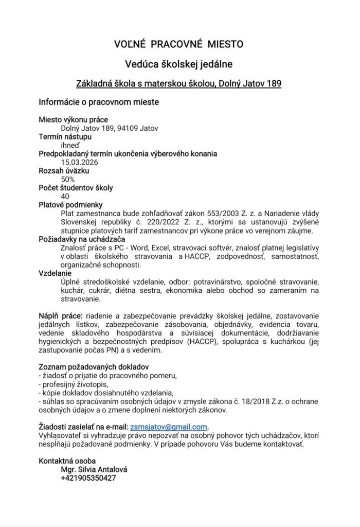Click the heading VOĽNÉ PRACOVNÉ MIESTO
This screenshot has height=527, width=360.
(x=179, y=44)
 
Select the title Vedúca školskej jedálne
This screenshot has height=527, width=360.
(x=179, y=64)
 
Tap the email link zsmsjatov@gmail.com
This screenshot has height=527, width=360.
(x=169, y=427)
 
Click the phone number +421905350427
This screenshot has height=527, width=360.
(x=88, y=478)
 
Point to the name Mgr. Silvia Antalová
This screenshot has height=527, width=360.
(x=94, y=469)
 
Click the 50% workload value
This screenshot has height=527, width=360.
(x=68, y=179)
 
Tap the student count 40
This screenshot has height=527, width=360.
(x=65, y=196)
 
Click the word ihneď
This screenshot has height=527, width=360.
(x=71, y=145)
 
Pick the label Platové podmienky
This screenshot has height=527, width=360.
(x=71, y=205)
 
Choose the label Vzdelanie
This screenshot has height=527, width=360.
(x=56, y=273)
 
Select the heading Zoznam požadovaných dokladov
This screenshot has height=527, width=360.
(x=94, y=367)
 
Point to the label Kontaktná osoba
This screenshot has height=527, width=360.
(x=67, y=461)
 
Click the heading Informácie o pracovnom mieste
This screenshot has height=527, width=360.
(x=99, y=102)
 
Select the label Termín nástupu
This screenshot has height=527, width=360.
(x=65, y=137)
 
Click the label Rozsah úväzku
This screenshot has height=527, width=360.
(x=64, y=171)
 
